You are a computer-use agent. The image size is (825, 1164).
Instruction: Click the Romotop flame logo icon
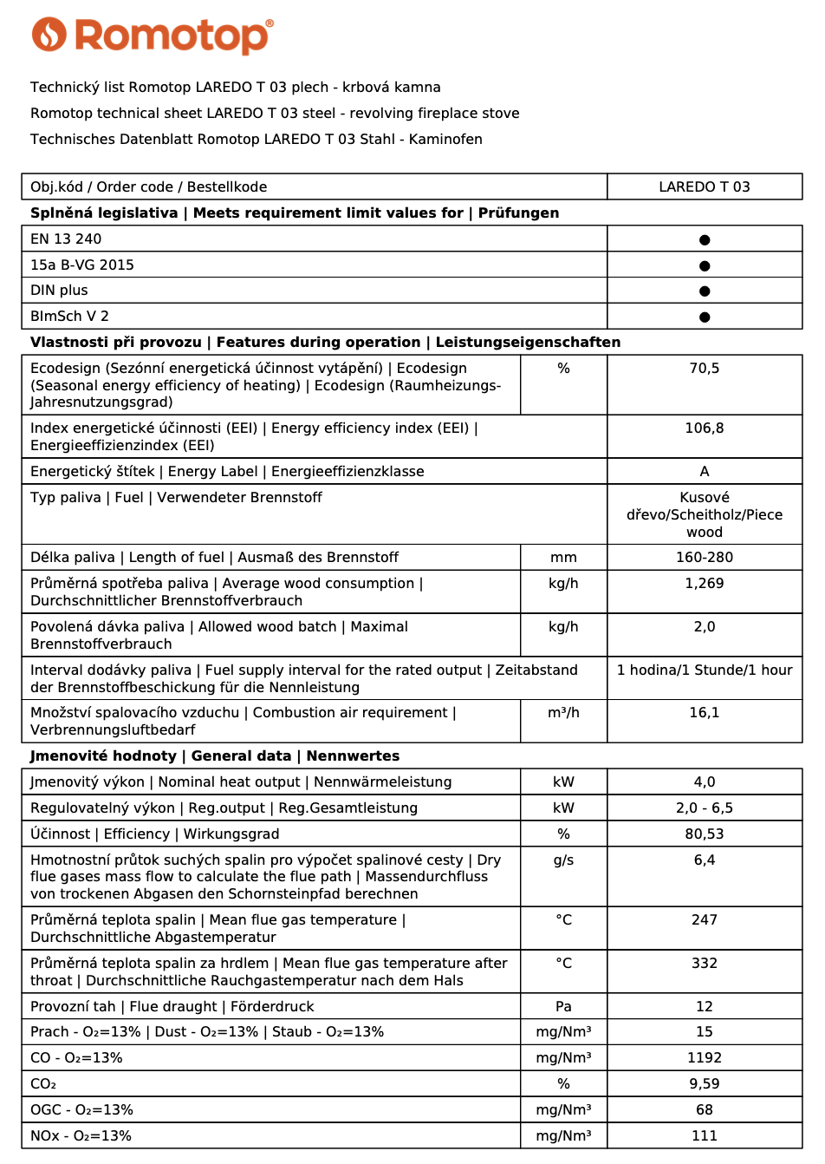49,35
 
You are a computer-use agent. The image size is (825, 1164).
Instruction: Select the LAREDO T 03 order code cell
704,186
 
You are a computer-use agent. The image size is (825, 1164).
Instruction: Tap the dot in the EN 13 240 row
705,239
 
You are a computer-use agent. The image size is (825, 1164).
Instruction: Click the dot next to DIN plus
705,291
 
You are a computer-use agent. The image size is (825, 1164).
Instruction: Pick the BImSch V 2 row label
69,317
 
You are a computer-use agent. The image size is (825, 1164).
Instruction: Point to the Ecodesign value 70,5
704,369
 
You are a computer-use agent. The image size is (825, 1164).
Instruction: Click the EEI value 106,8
704,428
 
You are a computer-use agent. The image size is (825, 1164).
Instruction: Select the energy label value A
704,472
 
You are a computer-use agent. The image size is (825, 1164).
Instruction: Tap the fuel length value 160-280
704,558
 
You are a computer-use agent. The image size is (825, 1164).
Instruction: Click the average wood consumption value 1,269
704,584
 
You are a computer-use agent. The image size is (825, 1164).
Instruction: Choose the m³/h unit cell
563,713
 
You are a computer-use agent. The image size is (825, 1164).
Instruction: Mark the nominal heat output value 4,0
704,782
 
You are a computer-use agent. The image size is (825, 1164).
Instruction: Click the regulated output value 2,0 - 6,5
704,808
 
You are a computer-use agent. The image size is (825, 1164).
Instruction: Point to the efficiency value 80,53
704,834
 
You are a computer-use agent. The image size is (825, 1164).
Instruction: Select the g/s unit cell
563,860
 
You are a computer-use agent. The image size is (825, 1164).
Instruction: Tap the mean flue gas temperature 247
704,920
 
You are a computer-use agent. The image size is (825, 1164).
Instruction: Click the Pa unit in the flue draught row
563,1007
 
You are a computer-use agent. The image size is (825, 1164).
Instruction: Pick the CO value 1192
704,1058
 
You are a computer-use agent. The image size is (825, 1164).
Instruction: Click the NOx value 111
704,1136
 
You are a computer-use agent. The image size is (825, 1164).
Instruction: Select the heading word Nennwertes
353,756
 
